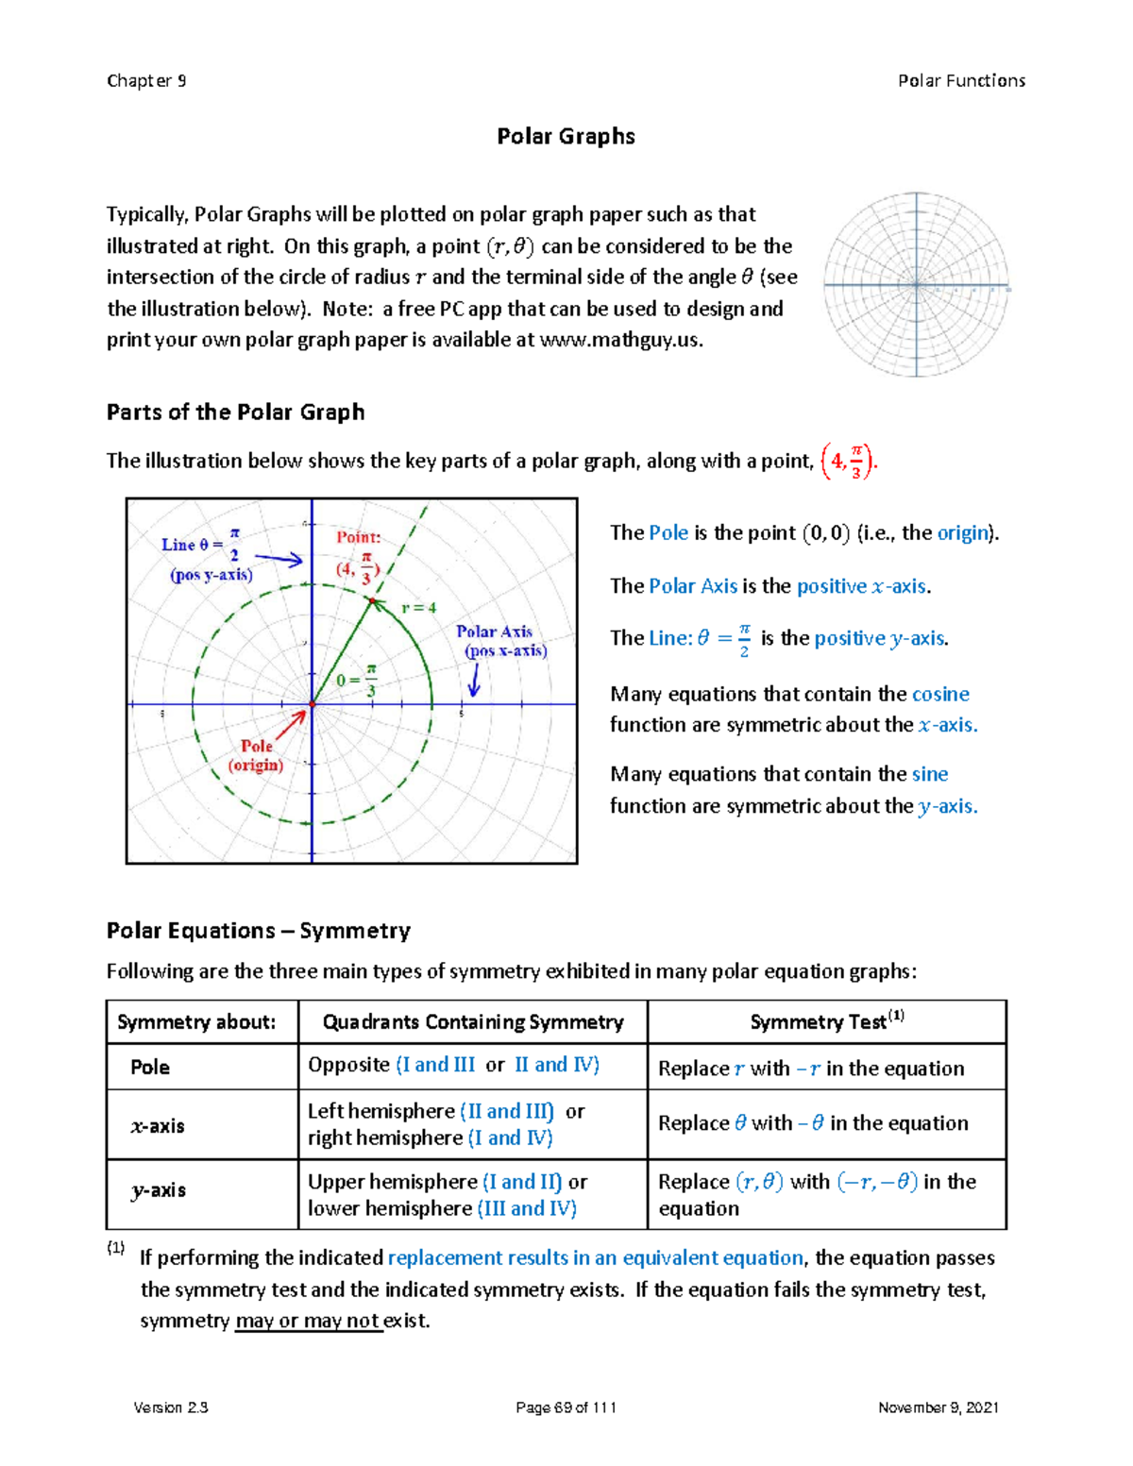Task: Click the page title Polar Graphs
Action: tap(566, 136)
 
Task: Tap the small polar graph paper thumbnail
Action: tap(916, 284)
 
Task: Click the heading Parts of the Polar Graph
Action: tap(235, 413)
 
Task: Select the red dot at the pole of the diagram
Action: tap(313, 704)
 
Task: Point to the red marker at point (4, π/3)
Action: tap(372, 600)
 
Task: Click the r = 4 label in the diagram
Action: tap(418, 608)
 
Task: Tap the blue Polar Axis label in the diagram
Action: tap(495, 632)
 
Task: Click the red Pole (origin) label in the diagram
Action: tap(256, 755)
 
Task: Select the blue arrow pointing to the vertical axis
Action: tap(279, 560)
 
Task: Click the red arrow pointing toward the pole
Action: tap(292, 724)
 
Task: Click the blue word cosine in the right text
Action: tap(940, 694)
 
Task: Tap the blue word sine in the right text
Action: tap(929, 774)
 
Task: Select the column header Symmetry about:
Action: tap(196, 1022)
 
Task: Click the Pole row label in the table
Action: tap(150, 1067)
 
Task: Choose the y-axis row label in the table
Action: tap(159, 1190)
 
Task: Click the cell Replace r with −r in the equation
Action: tap(811, 1069)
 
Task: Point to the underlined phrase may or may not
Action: tap(308, 1321)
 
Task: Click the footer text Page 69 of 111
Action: tap(566, 1407)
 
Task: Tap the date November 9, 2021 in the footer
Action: tap(938, 1407)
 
